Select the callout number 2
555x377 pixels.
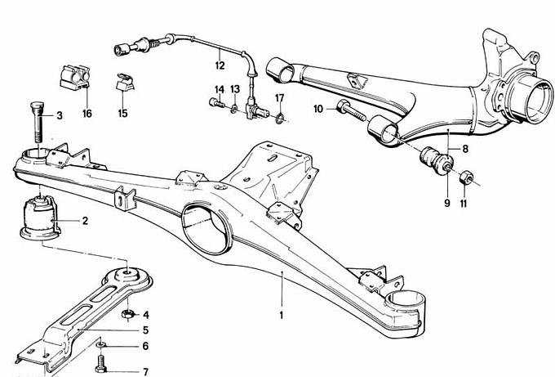tap(85, 221)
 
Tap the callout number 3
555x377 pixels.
tap(59, 116)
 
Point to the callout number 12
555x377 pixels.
tap(219, 64)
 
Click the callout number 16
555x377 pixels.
tap(87, 114)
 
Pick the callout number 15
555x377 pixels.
tap(122, 114)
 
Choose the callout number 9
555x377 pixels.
tap(447, 203)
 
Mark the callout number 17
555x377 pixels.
tap(279, 98)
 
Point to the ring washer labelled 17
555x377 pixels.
tap(281, 119)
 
